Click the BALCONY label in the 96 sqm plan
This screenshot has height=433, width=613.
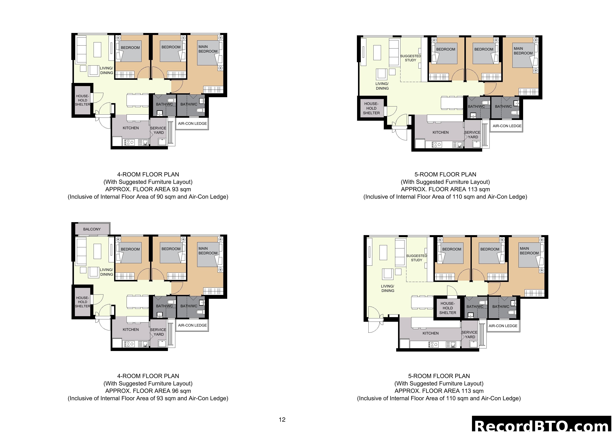point(92,229)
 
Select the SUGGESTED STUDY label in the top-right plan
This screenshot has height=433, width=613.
point(410,58)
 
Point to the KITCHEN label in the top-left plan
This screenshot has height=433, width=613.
point(131,128)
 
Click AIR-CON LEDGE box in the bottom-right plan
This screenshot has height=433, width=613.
point(503,326)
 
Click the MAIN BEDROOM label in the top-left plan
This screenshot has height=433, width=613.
point(208,49)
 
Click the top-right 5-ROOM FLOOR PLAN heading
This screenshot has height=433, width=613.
point(445,175)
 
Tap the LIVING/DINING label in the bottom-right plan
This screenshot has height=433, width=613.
point(387,288)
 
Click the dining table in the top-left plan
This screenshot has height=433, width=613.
point(137,100)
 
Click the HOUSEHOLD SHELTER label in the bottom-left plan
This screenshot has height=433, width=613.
point(82,302)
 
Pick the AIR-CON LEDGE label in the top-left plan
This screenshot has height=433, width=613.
point(192,123)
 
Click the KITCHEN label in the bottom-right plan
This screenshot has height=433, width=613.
point(430,333)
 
